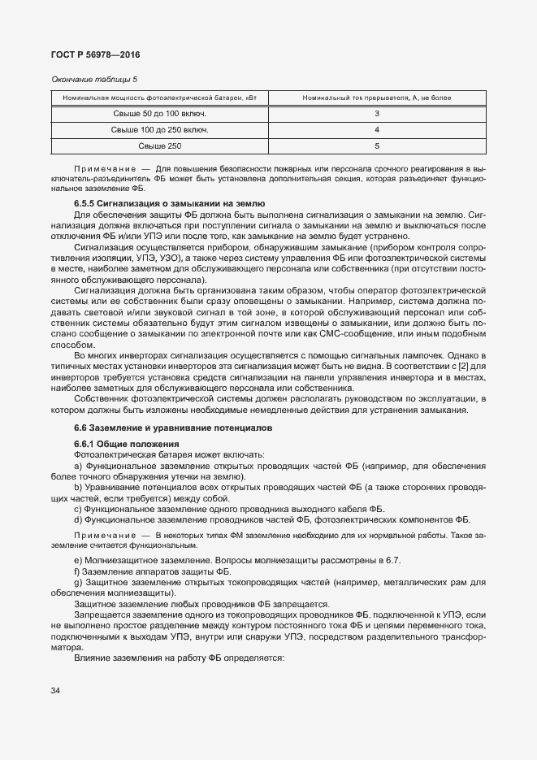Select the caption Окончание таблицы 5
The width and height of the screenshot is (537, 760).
[x=94, y=80]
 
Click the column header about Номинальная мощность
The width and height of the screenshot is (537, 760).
[x=159, y=98]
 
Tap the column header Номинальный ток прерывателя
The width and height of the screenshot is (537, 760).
[x=376, y=98]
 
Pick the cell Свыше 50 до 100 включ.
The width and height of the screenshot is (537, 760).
[x=159, y=114]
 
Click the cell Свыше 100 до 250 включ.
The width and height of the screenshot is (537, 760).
[x=159, y=130]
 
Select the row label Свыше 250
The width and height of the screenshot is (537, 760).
[x=159, y=146]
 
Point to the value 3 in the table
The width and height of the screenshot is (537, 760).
[x=377, y=114]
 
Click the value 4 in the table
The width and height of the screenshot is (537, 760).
[x=377, y=130]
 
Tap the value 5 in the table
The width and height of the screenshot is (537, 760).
[x=377, y=146]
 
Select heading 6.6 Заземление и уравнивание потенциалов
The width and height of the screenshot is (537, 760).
[x=173, y=428]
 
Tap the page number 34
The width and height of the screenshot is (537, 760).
[x=55, y=691]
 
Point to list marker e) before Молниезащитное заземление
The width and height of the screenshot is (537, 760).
[x=78, y=562]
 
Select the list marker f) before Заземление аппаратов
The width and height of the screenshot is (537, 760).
[x=77, y=572]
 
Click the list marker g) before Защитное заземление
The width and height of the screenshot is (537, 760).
[x=78, y=583]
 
